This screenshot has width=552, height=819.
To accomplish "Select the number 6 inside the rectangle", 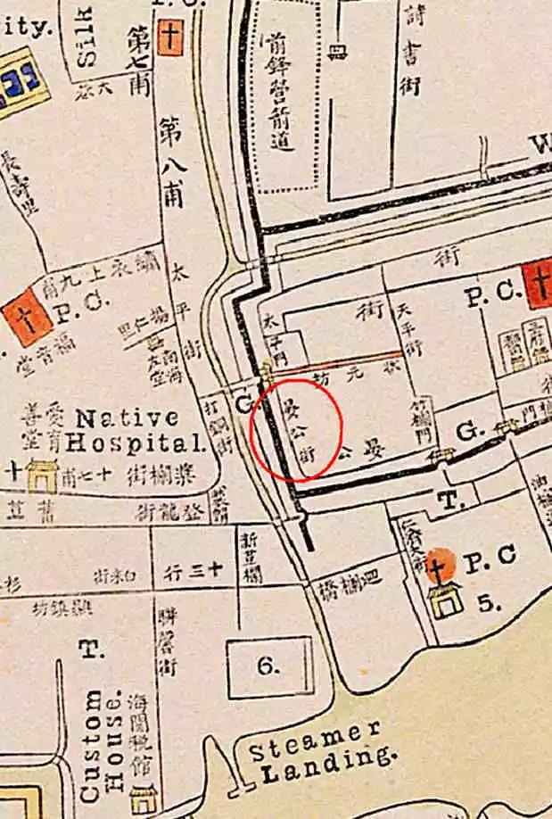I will pos(269,666).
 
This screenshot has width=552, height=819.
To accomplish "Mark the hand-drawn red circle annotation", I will pos(295,427).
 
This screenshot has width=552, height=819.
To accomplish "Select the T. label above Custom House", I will pos(89,649).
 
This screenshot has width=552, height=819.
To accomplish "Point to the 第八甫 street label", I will pos(171,161).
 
